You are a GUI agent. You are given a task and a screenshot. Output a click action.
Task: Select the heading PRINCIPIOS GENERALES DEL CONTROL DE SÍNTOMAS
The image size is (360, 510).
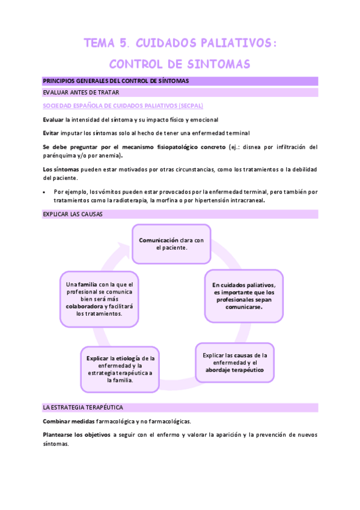click(x=115, y=81)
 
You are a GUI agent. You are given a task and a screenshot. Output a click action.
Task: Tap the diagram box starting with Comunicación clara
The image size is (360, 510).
click(x=171, y=244)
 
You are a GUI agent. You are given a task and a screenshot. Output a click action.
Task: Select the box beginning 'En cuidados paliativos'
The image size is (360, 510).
click(x=243, y=295)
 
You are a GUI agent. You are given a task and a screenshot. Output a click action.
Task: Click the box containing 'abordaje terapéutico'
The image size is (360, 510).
click(x=234, y=363)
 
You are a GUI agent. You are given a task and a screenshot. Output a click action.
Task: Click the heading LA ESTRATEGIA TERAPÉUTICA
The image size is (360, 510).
click(x=83, y=407)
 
